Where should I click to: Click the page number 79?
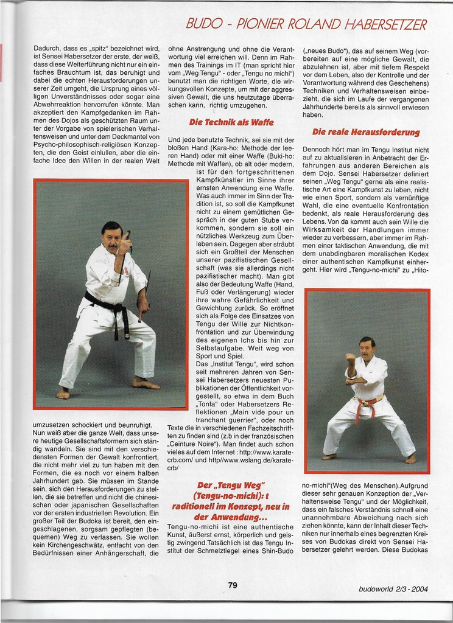[x=233, y=585]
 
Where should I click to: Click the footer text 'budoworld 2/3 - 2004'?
[x=393, y=588]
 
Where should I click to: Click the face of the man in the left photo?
[x=111, y=237]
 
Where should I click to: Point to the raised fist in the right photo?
[x=350, y=358]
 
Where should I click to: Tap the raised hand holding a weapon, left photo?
[x=125, y=242]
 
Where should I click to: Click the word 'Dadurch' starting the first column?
[x=46, y=47]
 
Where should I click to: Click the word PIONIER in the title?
[x=261, y=25]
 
